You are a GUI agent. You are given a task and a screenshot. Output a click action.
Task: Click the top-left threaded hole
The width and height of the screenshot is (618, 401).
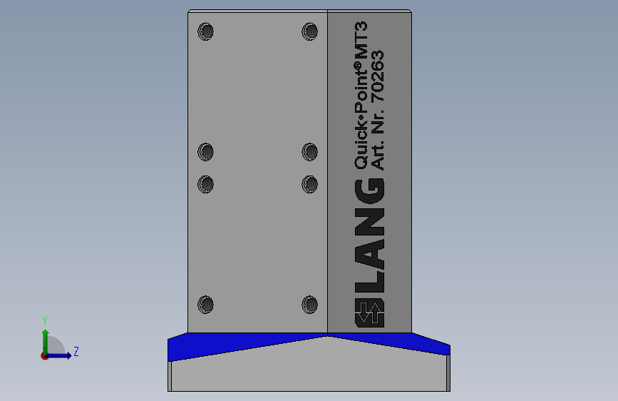[x=206, y=31]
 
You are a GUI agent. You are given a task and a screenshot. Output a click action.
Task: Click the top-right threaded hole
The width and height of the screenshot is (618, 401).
[x=310, y=31]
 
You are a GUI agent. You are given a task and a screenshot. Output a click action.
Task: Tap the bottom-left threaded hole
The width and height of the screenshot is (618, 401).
[x=206, y=305]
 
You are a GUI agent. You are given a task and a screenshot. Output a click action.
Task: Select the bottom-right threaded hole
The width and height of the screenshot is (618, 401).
[x=310, y=305]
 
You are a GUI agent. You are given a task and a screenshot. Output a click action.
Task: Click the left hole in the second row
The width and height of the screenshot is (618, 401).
[x=206, y=152]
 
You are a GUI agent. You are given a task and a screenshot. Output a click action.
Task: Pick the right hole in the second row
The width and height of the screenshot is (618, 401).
[x=310, y=152]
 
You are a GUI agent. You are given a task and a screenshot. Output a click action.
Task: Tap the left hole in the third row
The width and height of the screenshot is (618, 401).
[x=206, y=184]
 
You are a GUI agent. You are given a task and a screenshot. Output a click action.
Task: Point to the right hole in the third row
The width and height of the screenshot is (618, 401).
[x=310, y=184]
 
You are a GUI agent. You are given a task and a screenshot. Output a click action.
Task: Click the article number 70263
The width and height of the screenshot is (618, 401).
[x=378, y=76]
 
